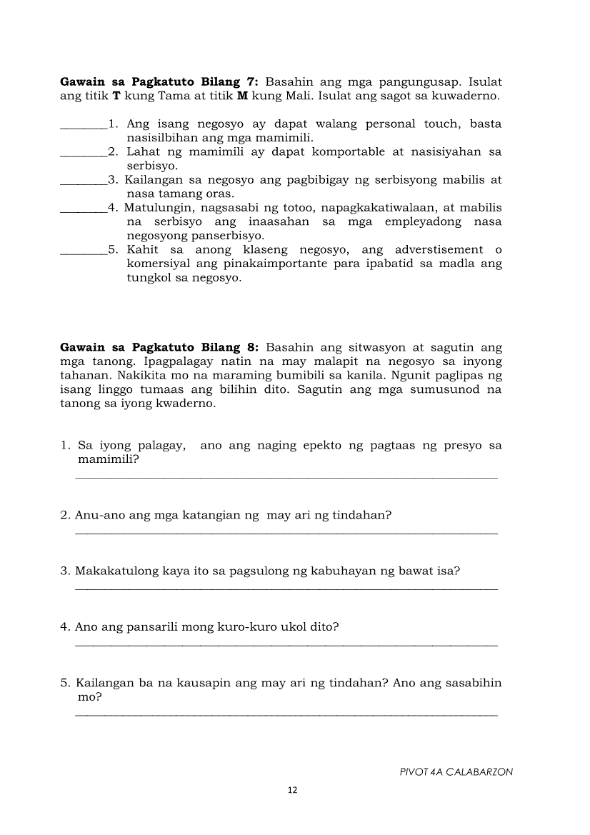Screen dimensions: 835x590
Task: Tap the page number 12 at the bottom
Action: click(x=291, y=790)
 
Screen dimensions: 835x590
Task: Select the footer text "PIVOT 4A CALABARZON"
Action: click(x=456, y=772)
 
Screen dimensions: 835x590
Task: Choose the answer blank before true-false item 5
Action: click(x=84, y=253)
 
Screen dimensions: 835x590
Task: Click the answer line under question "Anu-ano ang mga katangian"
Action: click(x=286, y=532)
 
